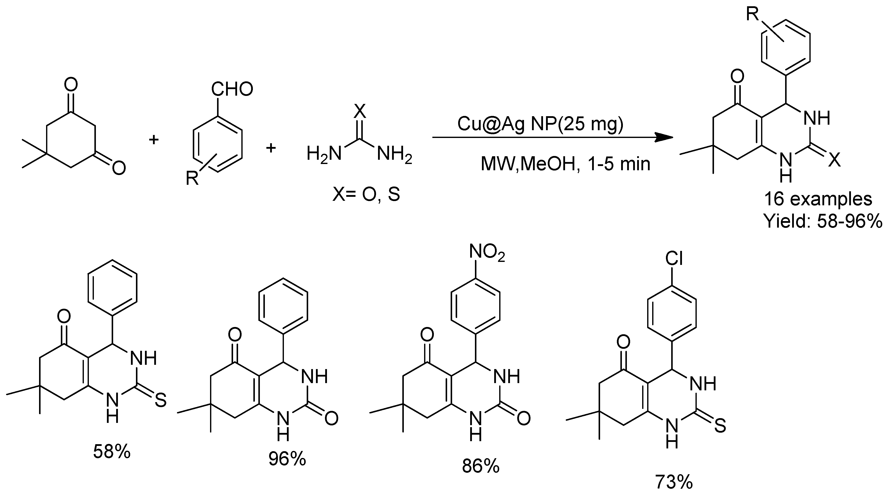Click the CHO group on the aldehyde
tap(232, 89)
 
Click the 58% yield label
tap(112, 452)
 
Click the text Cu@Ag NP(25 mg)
tap(540, 124)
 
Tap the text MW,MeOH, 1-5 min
tap(565, 164)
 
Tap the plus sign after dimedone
tap(153, 140)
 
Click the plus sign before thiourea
tap(271, 148)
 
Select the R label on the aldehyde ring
tap(192, 178)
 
